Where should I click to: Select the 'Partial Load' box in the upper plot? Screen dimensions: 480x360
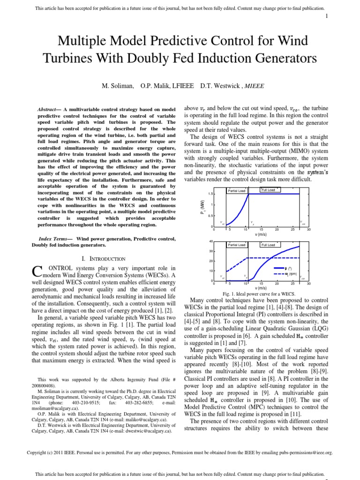click(x=237, y=191)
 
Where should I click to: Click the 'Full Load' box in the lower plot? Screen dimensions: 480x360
click(x=268, y=245)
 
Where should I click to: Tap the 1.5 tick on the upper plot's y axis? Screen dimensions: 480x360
click(x=210, y=194)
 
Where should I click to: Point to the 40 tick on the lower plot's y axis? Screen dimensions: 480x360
click(x=211, y=241)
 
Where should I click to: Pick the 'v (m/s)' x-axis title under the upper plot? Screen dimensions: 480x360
click(x=261, y=235)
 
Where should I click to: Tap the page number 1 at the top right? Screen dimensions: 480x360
click(x=326, y=16)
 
